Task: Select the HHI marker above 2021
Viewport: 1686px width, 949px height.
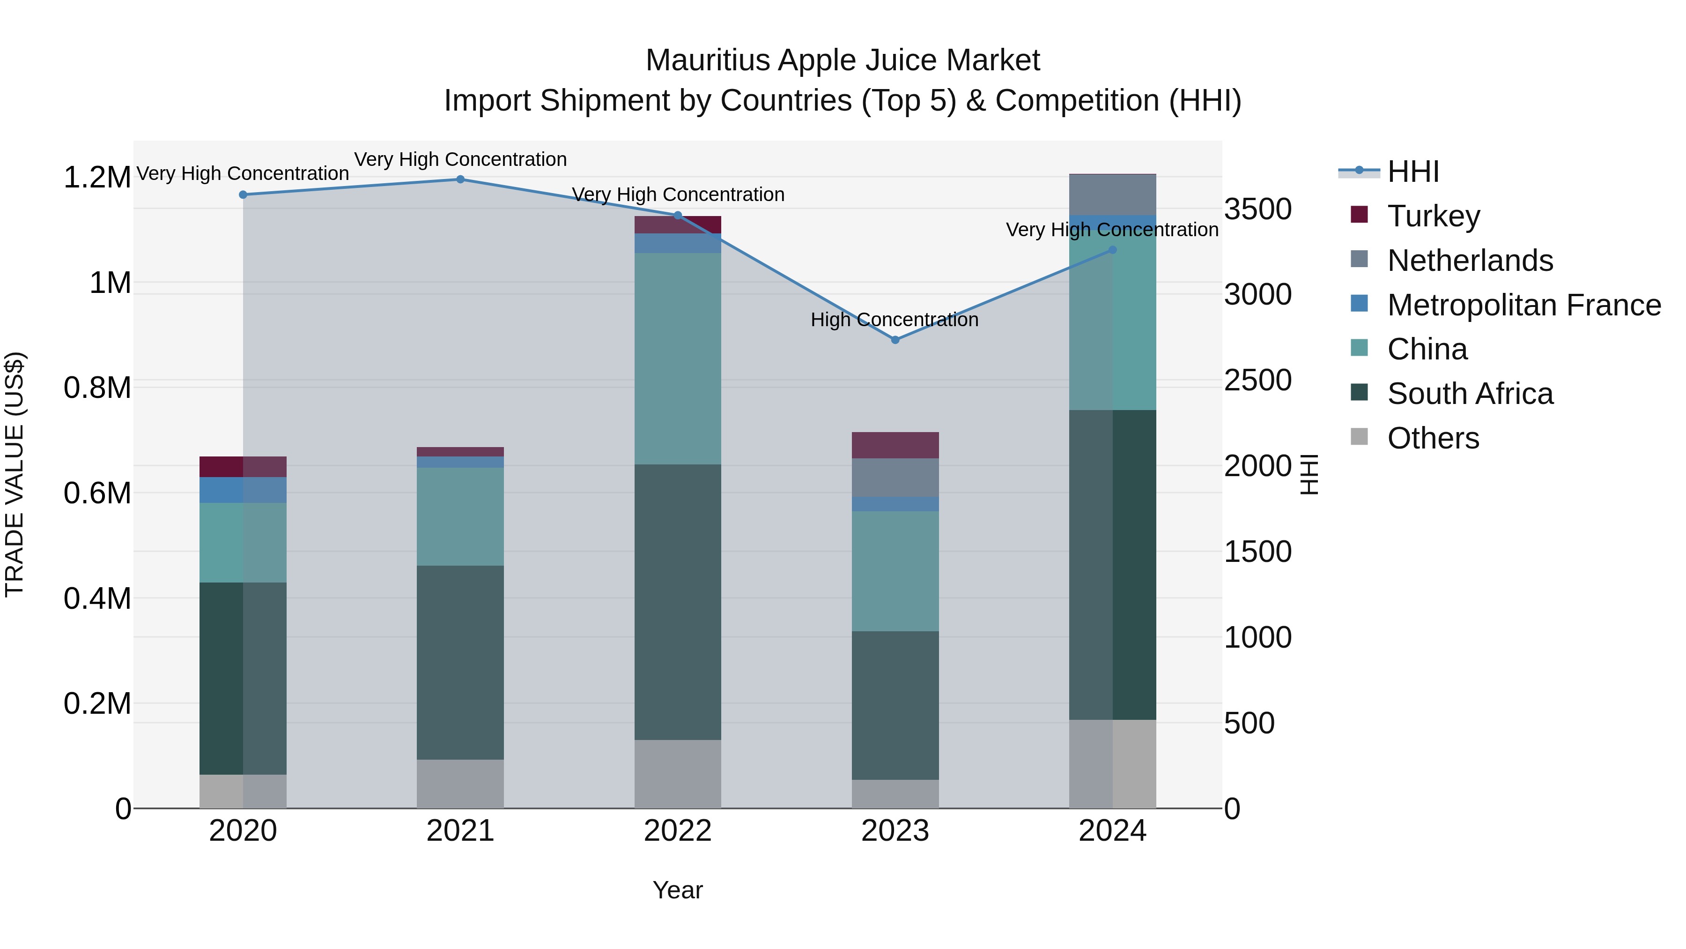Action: (x=460, y=179)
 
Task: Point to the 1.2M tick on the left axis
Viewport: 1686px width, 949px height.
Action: (x=97, y=178)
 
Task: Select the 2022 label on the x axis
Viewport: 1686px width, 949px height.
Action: (x=677, y=831)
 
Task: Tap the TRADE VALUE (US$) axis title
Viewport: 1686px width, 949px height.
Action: (x=15, y=474)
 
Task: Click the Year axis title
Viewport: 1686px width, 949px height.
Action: (x=677, y=890)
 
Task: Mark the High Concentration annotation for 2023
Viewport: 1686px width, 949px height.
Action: (x=894, y=320)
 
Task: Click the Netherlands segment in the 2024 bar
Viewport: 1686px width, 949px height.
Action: (x=1113, y=194)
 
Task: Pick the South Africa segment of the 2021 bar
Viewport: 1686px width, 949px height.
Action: (x=460, y=661)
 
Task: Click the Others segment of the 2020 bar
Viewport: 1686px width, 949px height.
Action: (x=243, y=791)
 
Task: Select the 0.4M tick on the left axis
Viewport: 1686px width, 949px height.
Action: (x=97, y=598)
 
